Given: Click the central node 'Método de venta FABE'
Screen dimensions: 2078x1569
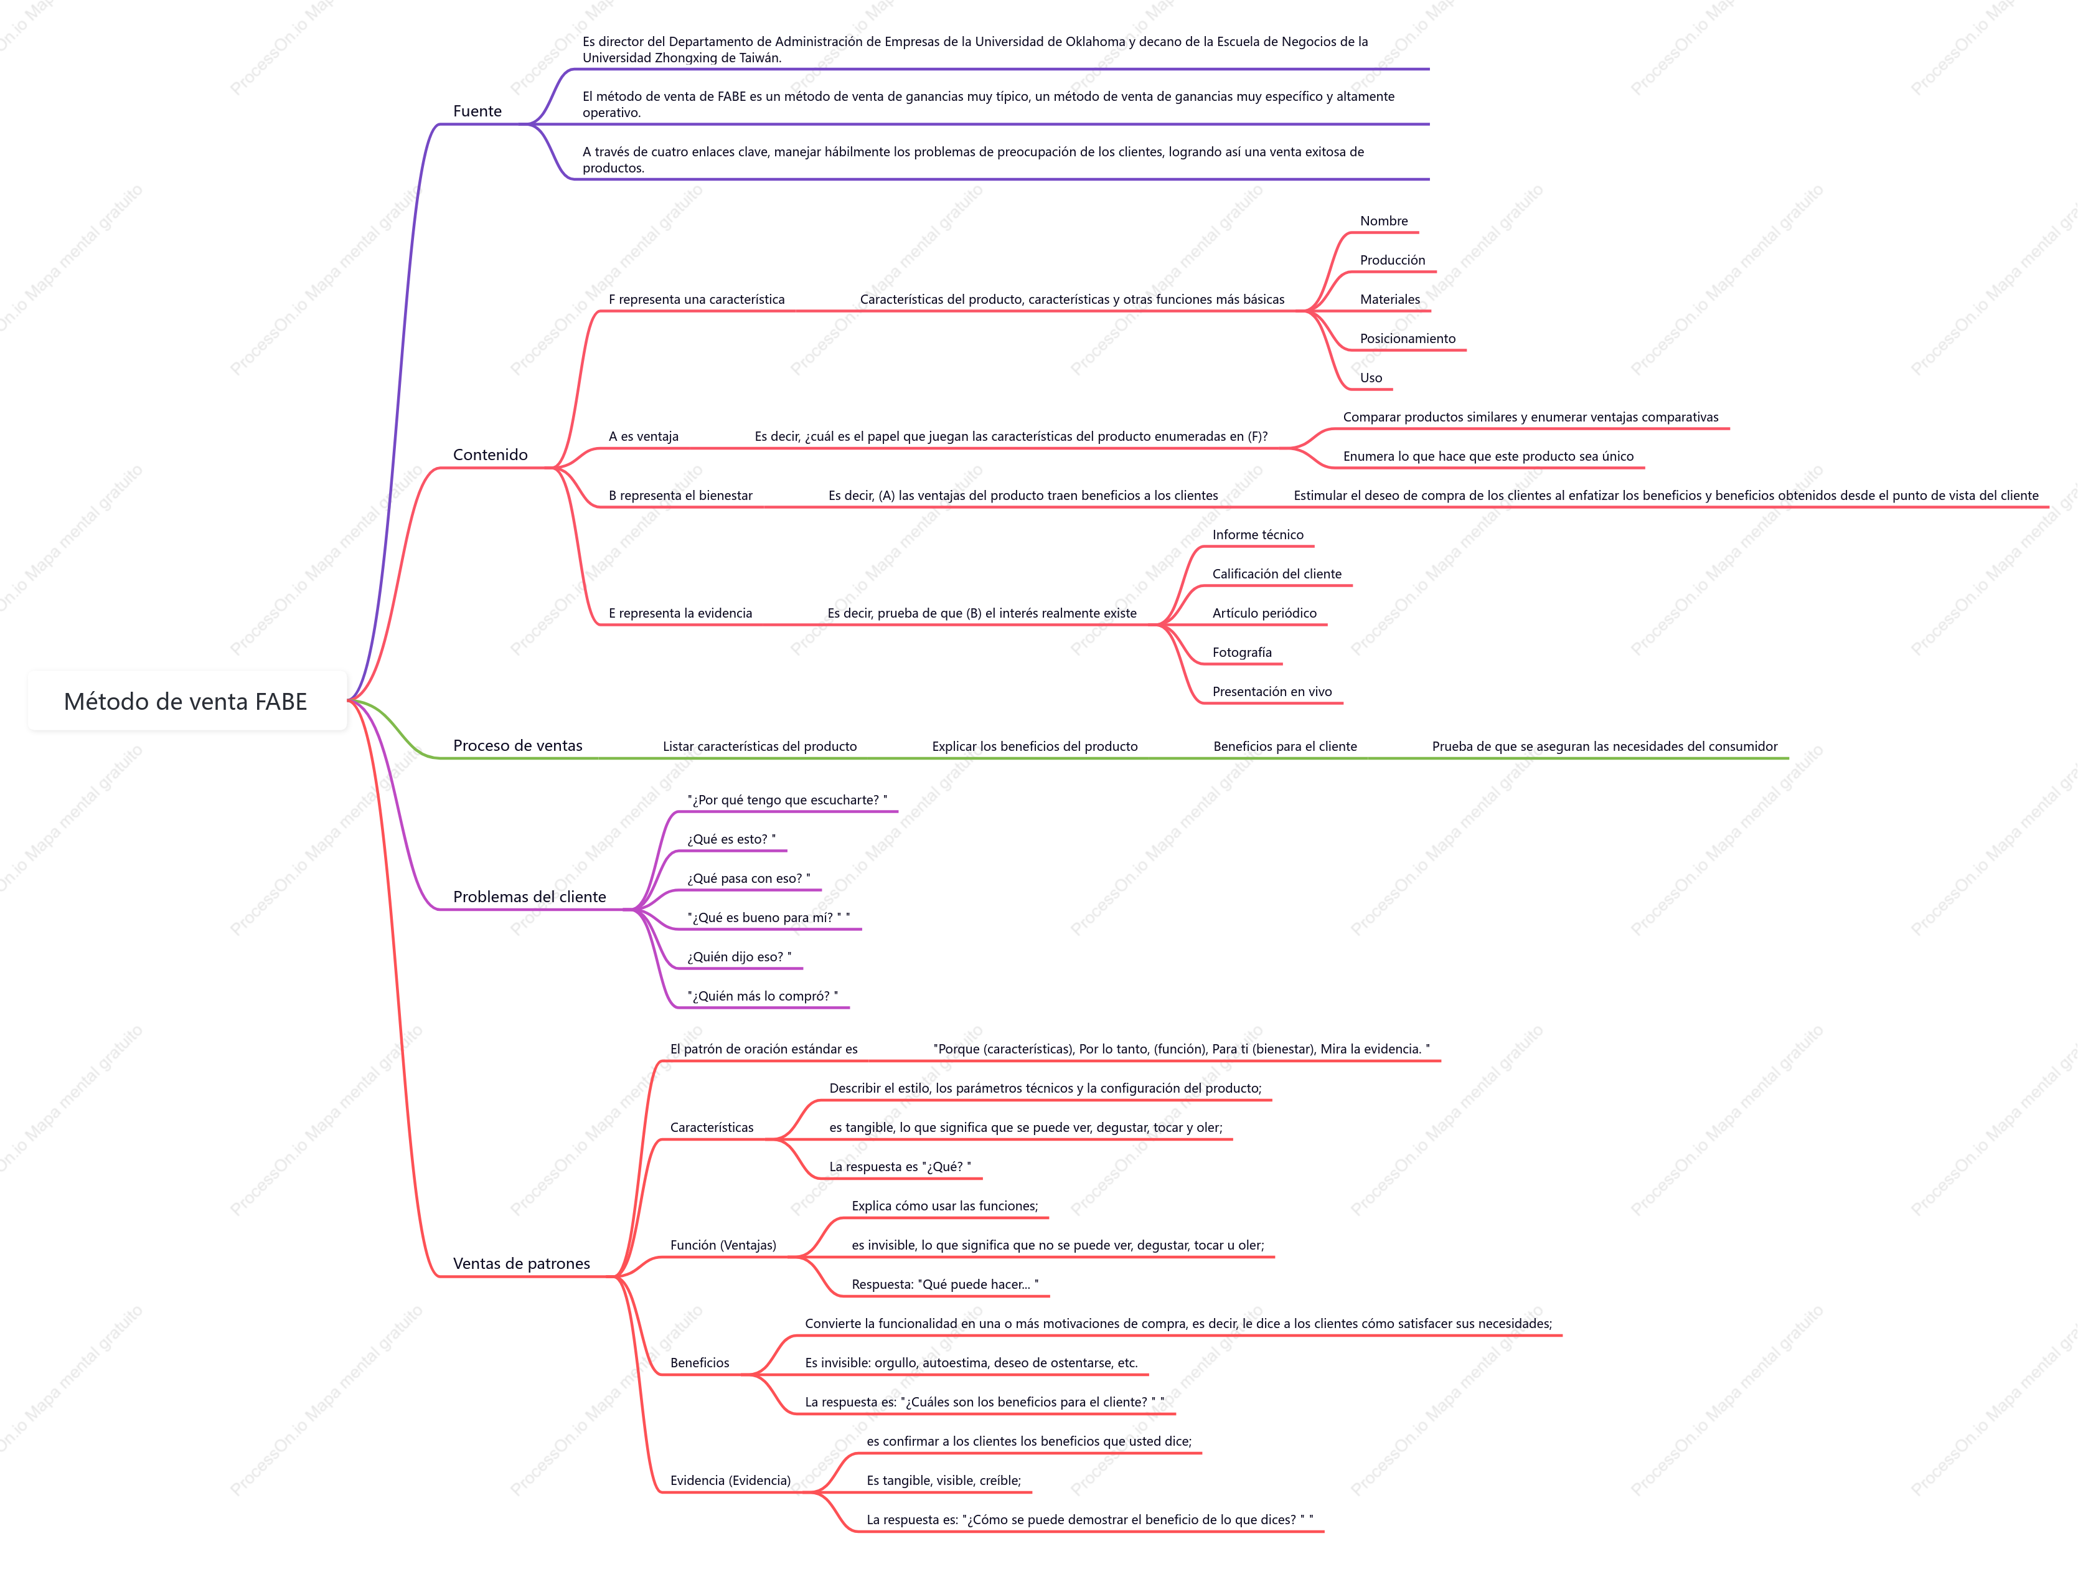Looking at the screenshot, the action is click(186, 701).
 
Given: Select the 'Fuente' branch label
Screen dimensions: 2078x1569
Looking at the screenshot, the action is click(477, 111).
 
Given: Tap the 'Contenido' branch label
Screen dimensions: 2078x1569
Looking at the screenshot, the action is click(491, 455).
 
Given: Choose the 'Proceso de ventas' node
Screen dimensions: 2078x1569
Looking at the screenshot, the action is click(517, 745).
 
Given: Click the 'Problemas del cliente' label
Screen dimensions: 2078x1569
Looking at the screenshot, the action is click(530, 897).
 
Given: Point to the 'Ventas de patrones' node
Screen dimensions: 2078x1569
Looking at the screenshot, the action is click(522, 1264).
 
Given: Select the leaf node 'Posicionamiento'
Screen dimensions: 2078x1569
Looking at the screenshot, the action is click(1408, 338).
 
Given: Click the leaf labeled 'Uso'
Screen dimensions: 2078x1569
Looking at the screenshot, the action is click(1371, 378).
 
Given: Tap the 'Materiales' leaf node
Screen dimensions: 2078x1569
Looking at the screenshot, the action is click(1389, 299).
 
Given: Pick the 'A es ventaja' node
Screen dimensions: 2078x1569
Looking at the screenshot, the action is click(644, 436).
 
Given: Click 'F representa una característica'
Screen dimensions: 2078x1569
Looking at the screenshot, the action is click(696, 299).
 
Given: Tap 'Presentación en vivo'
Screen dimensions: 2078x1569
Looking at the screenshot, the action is click(1272, 692).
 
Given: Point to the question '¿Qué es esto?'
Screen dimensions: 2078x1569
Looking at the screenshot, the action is click(731, 839).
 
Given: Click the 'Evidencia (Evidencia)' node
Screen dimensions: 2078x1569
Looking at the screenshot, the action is click(730, 1481).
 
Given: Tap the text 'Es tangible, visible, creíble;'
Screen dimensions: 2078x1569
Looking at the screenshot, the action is click(943, 1481).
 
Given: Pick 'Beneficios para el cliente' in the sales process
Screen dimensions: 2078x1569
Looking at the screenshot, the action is click(1285, 746).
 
